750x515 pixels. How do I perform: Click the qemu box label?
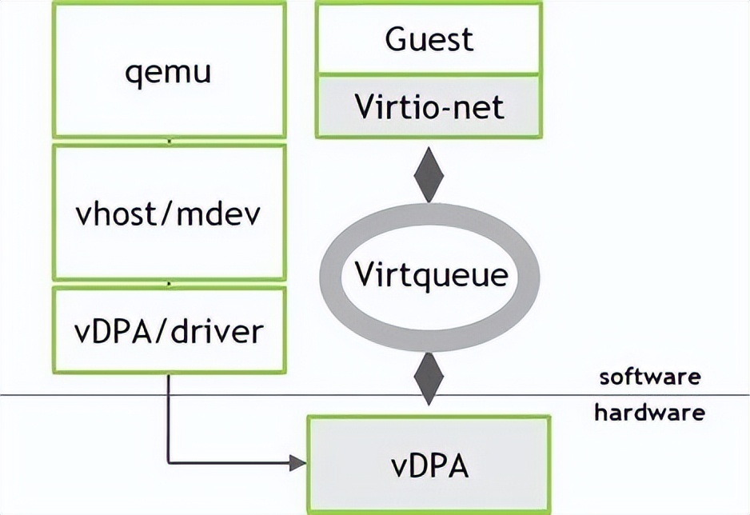[169, 72]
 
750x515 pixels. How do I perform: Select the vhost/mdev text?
[169, 214]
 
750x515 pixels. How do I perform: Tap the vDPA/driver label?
[169, 329]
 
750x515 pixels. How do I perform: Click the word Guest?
[429, 38]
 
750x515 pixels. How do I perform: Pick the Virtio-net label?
[430, 106]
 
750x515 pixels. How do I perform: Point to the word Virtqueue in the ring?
[432, 275]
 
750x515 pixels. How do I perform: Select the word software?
[650, 377]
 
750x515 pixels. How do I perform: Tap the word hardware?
[649, 413]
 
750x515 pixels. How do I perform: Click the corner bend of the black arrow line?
[169, 461]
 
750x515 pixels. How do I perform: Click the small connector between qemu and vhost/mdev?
[169, 141]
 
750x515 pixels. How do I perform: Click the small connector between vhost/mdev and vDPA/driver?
[169, 283]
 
